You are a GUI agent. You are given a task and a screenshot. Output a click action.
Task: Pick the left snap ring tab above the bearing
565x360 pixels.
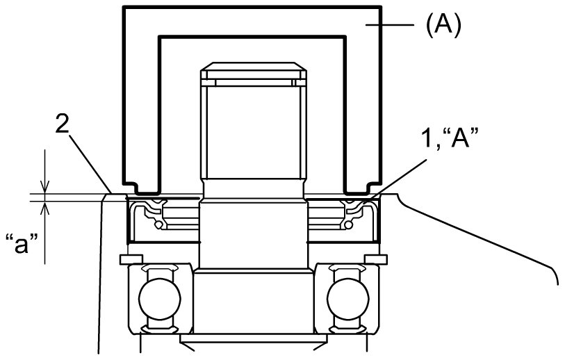click(127, 259)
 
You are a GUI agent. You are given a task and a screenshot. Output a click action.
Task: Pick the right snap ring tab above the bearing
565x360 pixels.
click(379, 259)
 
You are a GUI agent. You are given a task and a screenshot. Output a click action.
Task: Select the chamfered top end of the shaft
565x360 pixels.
click(253, 72)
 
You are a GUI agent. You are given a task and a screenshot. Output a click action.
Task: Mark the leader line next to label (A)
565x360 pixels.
click(392, 26)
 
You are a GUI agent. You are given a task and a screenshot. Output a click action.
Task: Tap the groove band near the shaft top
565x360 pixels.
click(253, 82)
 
